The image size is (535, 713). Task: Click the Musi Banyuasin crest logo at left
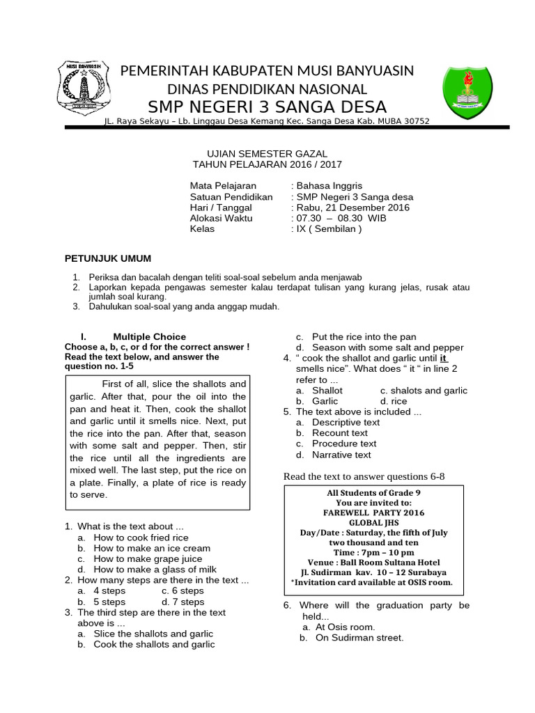[84, 89]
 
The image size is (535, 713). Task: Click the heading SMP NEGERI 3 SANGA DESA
[267, 107]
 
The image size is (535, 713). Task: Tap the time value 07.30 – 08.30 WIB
[332, 218]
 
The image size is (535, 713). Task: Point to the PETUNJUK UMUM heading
[108, 259]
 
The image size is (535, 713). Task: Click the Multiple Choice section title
[149, 336]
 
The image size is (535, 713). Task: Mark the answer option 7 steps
[183, 602]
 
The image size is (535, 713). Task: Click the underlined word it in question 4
[442, 358]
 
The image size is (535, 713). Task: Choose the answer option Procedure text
[344, 444]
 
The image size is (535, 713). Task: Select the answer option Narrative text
[341, 455]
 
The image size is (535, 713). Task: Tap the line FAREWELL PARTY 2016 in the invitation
[373, 512]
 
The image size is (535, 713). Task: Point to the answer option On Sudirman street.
[357, 638]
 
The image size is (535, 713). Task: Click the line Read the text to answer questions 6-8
[363, 476]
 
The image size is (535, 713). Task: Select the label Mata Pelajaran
[223, 186]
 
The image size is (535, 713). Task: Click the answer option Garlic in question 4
[325, 401]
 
